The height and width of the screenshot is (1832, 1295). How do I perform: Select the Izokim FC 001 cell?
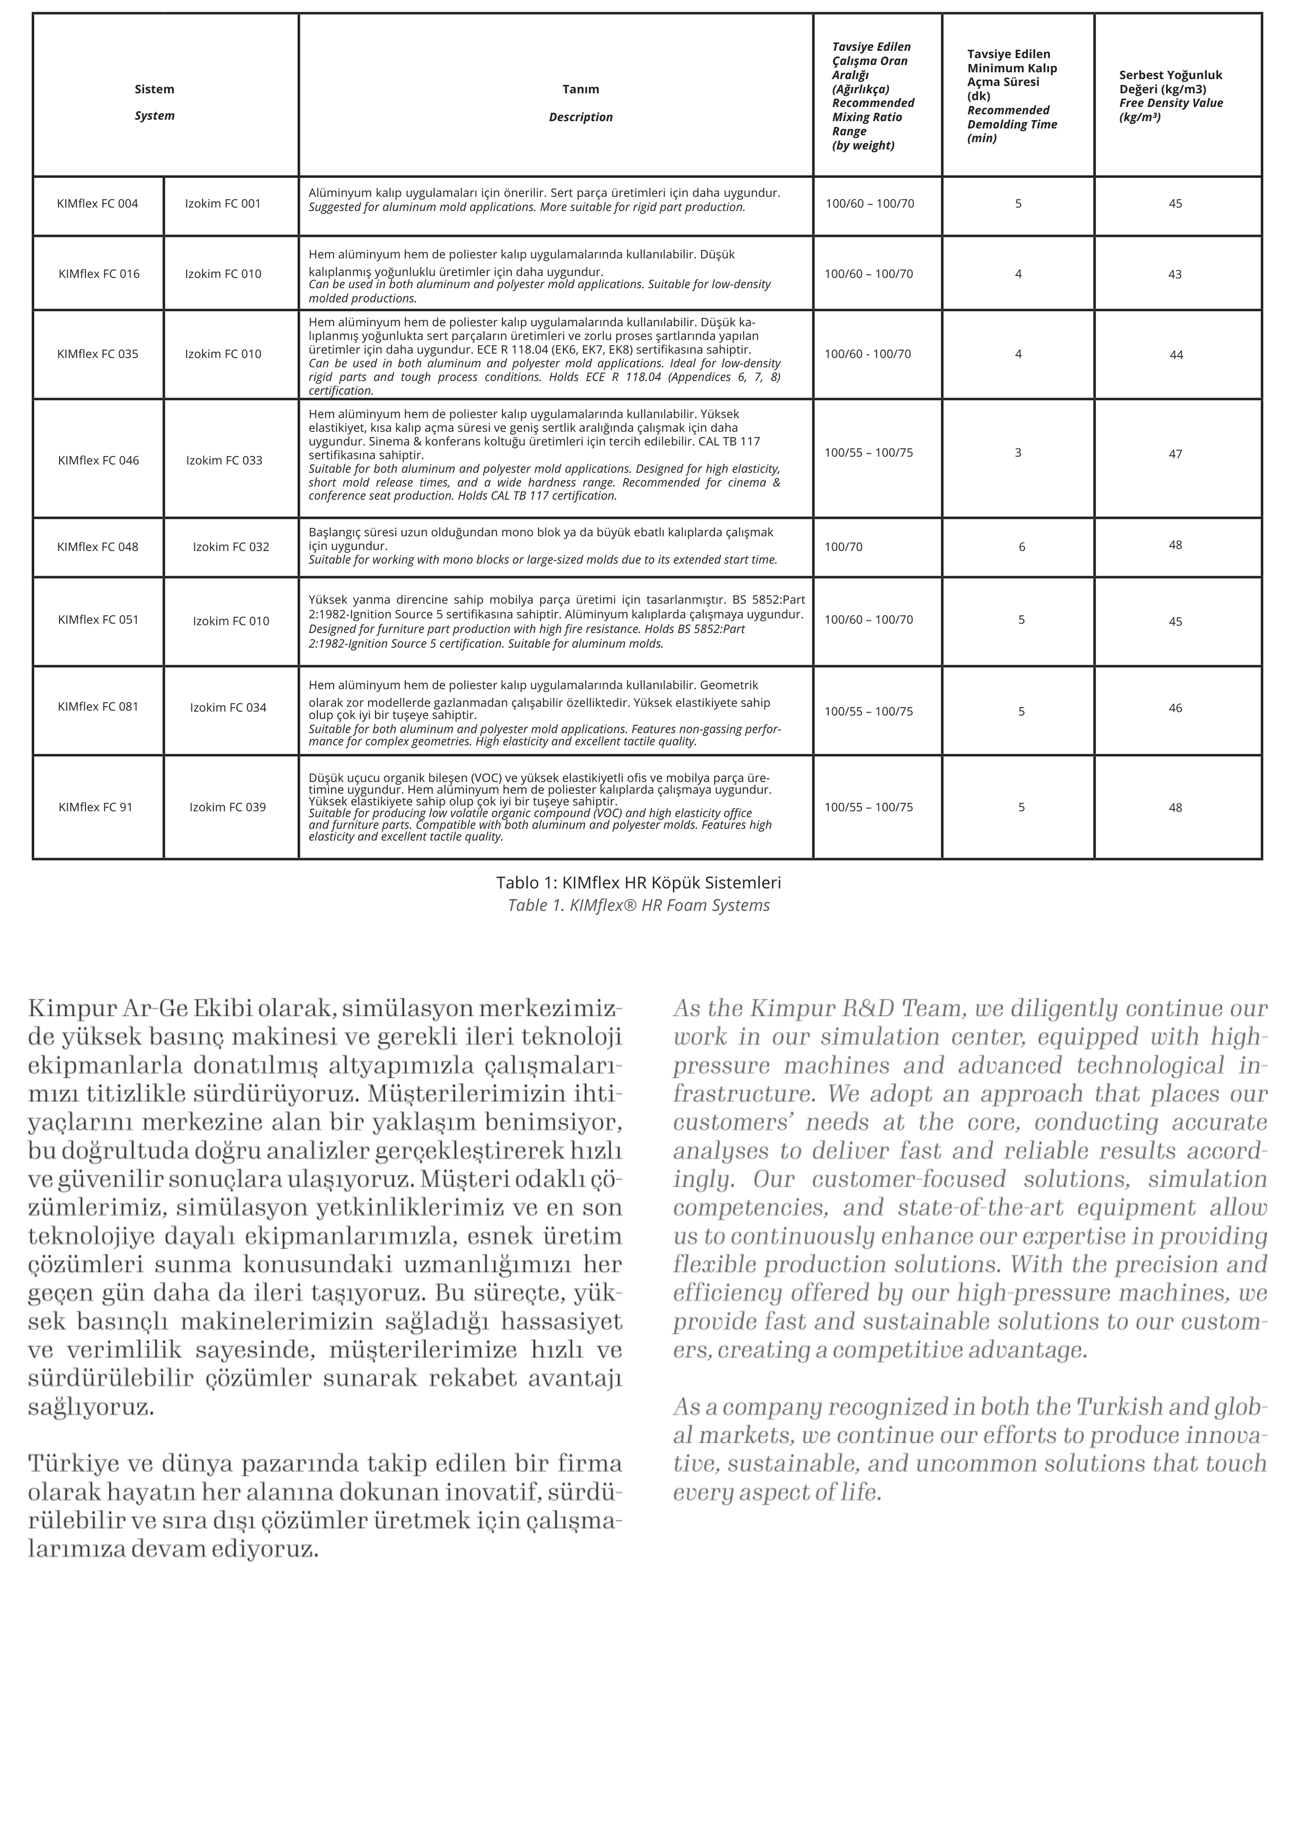click(223, 203)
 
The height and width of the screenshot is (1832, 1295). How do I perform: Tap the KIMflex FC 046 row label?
click(98, 460)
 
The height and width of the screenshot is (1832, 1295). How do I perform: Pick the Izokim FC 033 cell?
click(224, 460)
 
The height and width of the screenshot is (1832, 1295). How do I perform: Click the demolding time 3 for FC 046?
click(1018, 452)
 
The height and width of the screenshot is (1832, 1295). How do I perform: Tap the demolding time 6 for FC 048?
click(1022, 547)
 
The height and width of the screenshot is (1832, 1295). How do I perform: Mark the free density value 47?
click(1175, 454)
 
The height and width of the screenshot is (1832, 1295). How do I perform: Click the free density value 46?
click(1175, 708)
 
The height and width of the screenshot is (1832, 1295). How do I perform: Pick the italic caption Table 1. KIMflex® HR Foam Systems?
click(638, 906)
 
